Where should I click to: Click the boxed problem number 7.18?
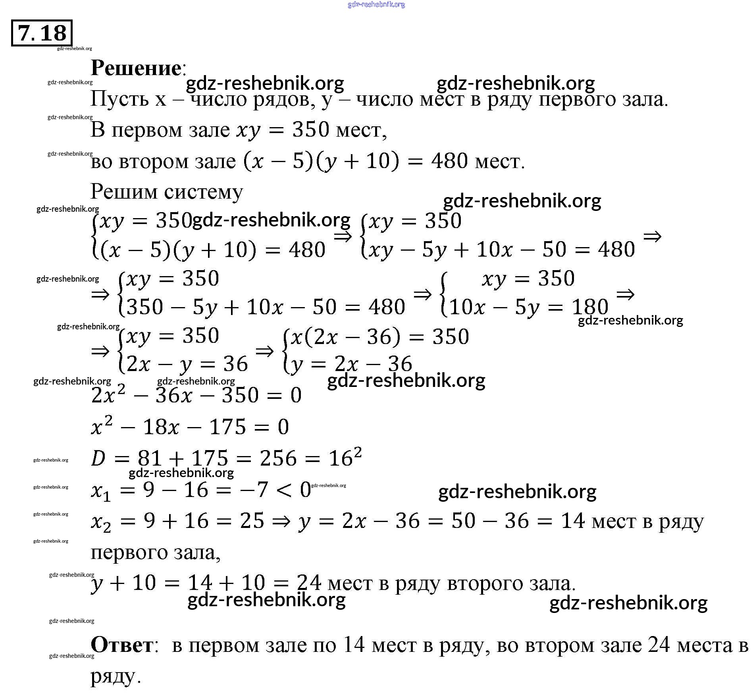(x=42, y=33)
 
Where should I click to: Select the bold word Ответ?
(x=122, y=644)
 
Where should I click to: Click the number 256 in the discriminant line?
(x=278, y=458)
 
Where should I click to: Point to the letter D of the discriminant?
(x=98, y=459)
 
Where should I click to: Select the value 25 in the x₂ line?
(x=252, y=521)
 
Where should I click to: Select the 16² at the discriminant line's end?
(x=345, y=457)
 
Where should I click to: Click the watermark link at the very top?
(x=376, y=4)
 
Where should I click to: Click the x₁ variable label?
(x=101, y=491)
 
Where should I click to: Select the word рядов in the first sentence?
(x=284, y=99)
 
